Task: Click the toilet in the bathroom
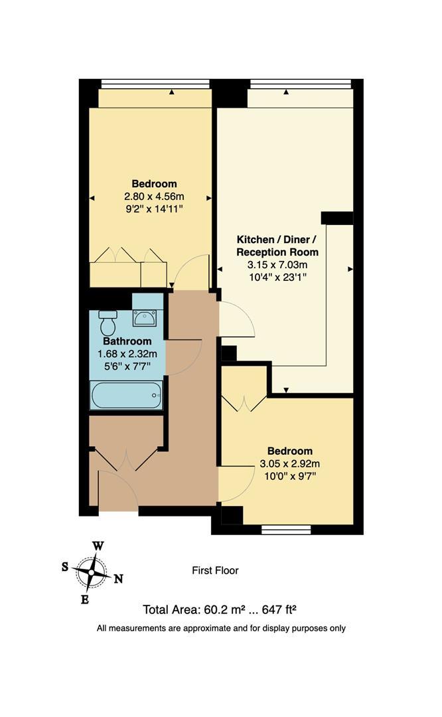pyautogui.click(x=107, y=323)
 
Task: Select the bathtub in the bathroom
pyautogui.click(x=126, y=396)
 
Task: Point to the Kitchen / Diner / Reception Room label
pyautogui.click(x=277, y=246)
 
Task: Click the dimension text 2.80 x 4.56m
pyautogui.click(x=154, y=197)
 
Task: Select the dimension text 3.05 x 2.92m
pyautogui.click(x=289, y=464)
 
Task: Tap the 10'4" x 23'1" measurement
pyautogui.click(x=277, y=277)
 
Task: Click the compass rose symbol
pyautogui.click(x=90, y=570)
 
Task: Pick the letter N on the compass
pyautogui.click(x=117, y=578)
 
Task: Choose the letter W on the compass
pyautogui.click(x=98, y=546)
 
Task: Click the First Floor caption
pyautogui.click(x=215, y=570)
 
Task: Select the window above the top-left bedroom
pyautogui.click(x=155, y=84)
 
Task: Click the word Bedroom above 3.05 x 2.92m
pyautogui.click(x=289, y=451)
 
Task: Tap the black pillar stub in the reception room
pyautogui.click(x=336, y=218)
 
